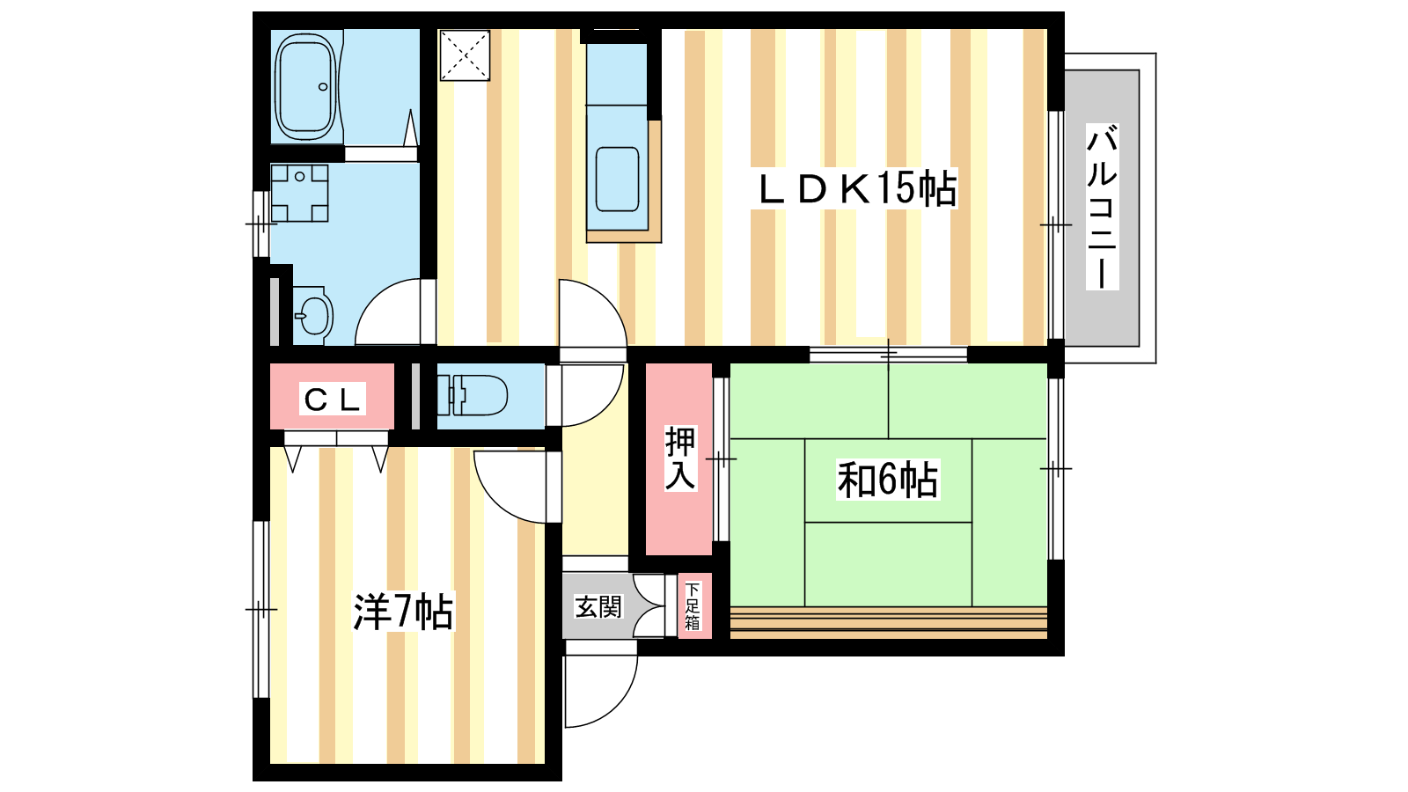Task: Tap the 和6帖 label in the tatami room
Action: tap(888, 480)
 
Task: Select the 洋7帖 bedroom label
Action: tap(403, 611)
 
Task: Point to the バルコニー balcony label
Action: tap(1102, 207)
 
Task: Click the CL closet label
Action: tap(332, 399)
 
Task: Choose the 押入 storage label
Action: tap(680, 458)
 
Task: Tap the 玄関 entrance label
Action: tap(598, 606)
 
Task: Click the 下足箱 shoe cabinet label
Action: tap(692, 606)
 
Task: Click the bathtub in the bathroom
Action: tap(305, 87)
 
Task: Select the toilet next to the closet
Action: tap(472, 395)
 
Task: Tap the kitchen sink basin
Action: tap(617, 180)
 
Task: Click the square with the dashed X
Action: tap(465, 55)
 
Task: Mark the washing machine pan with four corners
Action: tap(299, 193)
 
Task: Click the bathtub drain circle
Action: tap(323, 87)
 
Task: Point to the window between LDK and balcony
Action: tap(1056, 225)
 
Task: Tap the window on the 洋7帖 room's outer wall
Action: tap(260, 609)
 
